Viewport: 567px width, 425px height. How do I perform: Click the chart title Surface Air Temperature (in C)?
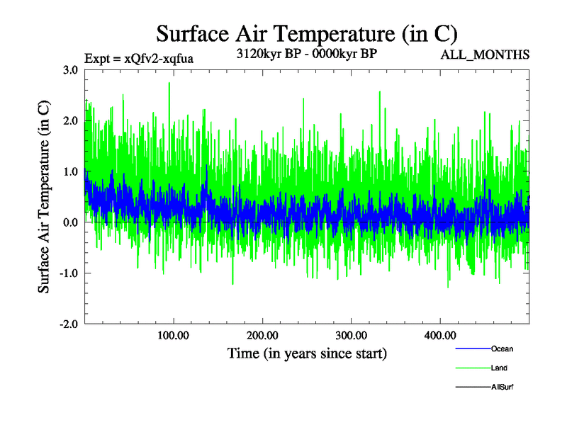[306, 33]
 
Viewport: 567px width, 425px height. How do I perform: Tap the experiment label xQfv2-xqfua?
[138, 59]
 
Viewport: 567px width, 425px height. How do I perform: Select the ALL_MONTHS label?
[485, 55]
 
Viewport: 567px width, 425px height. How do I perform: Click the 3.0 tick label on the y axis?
[70, 70]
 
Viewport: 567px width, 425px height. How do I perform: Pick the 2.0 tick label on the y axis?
[70, 121]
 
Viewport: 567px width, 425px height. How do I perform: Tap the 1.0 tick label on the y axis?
[70, 171]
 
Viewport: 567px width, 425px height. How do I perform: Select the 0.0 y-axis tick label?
[70, 222]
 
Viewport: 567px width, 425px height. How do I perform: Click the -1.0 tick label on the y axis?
[68, 273]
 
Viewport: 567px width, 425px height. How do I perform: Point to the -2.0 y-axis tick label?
[68, 324]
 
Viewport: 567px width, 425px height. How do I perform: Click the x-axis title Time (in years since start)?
[306, 353]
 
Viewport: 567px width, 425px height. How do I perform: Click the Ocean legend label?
[502, 349]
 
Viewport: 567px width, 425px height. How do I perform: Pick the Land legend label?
[499, 368]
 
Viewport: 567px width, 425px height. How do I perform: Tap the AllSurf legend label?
[503, 387]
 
